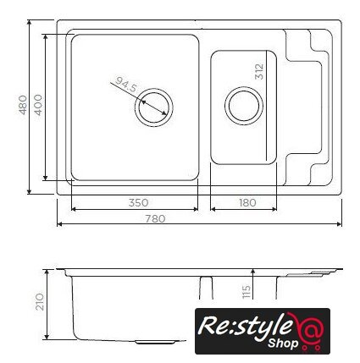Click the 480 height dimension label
[x=23, y=105]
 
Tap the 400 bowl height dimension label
[x=38, y=105]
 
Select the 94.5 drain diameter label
[x=125, y=85]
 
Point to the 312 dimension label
[x=259, y=72]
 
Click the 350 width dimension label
[x=138, y=202]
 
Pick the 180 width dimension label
[x=247, y=202]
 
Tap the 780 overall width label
[x=155, y=218]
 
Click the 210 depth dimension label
[x=40, y=302]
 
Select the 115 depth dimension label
[x=246, y=292]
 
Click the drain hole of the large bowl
[x=154, y=107]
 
